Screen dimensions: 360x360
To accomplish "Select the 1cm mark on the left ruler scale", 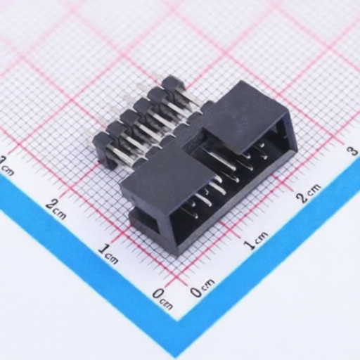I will pyautogui.click(x=108, y=252).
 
